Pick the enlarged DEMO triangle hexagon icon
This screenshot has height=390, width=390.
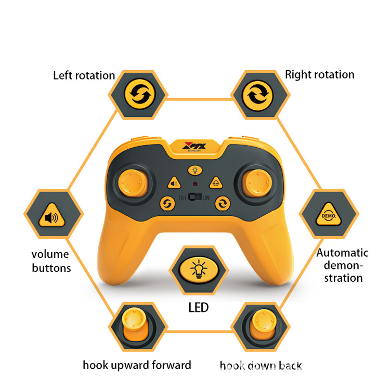pyautogui.click(x=329, y=214)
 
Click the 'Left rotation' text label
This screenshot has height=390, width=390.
pyautogui.click(x=84, y=75)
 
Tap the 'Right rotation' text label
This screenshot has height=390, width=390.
pyautogui.click(x=319, y=74)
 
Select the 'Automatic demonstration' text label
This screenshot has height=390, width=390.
pyautogui.click(x=342, y=265)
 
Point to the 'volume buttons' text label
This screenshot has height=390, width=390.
pyautogui.click(x=50, y=261)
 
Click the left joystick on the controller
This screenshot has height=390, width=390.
pyautogui.click(x=132, y=182)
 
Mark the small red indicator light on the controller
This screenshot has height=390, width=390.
pyautogui.click(x=194, y=184)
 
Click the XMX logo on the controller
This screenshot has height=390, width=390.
pyautogui.click(x=195, y=147)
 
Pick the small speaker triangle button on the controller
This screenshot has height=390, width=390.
pyautogui.click(x=174, y=183)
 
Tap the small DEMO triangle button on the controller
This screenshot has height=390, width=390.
pyautogui.click(x=215, y=183)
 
